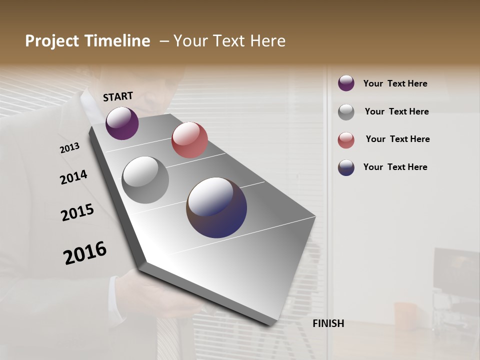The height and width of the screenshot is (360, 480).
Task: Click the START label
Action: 118,96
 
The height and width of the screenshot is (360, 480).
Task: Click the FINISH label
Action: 328,323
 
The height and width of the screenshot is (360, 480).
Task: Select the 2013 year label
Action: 70,148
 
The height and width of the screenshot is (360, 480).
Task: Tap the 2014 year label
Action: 73,177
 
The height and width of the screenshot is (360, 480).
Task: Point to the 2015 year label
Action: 77,212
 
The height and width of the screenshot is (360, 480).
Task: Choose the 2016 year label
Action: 85,252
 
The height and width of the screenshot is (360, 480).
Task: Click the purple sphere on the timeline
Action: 122,123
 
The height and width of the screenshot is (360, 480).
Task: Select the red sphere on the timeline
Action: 189,140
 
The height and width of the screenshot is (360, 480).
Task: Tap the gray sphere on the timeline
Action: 145,180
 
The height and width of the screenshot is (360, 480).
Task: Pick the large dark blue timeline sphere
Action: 216,207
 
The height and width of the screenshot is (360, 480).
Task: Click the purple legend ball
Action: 346,83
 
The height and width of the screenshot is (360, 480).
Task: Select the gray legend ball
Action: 346,111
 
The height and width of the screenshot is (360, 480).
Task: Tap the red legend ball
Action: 346,140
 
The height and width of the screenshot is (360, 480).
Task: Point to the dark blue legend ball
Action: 346,167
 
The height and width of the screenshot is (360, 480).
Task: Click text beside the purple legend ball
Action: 395,83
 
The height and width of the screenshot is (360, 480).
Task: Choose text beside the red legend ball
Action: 397,139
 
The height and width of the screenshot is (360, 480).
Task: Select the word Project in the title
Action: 51,41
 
